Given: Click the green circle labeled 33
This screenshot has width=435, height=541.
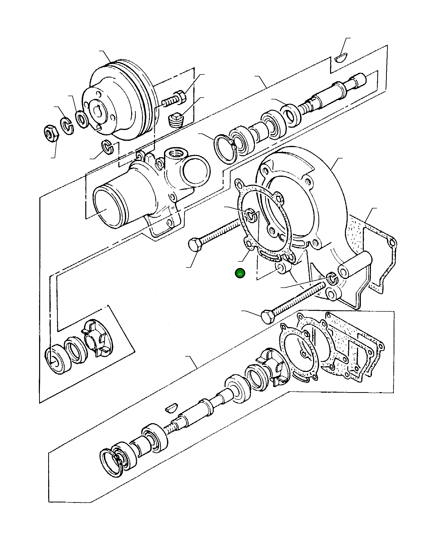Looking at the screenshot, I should click(x=240, y=274).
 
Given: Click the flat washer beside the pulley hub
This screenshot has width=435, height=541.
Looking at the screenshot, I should click(x=81, y=119).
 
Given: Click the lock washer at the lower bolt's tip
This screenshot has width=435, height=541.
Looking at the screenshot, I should click(x=332, y=278).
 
